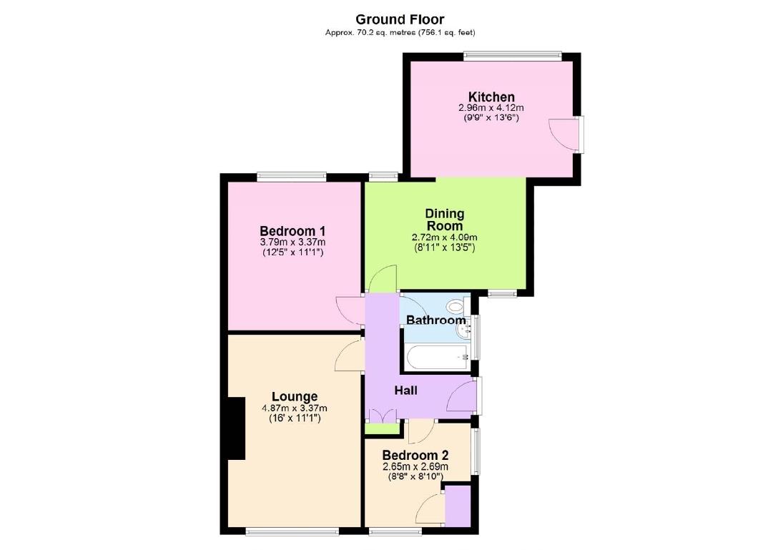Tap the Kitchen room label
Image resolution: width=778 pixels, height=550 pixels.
click(491, 97)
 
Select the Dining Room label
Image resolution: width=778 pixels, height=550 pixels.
click(445, 220)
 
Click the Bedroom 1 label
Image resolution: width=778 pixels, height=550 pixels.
click(292, 231)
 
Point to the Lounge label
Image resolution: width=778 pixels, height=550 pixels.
click(295, 396)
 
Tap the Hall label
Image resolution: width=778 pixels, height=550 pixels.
click(406, 391)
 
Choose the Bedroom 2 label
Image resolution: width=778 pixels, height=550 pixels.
click(415, 456)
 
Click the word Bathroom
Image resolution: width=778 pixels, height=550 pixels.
click(435, 320)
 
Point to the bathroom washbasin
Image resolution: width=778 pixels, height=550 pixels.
click(466, 330)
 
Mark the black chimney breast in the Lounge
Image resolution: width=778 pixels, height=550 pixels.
click(237, 428)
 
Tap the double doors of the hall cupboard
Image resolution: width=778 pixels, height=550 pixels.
click(383, 414)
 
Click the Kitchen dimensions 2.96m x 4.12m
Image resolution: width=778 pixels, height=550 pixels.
click(491, 109)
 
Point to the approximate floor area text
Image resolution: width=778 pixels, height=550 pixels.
click(400, 32)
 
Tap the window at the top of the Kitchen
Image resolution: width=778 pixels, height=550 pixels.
click(512, 55)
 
